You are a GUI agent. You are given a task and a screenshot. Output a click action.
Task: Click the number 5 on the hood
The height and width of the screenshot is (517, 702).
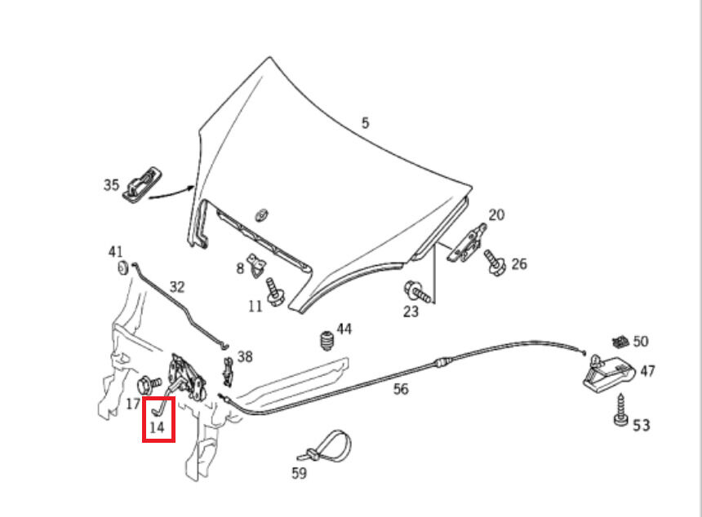click(366, 123)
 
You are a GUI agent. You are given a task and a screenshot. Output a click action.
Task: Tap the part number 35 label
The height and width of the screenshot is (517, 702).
click(111, 185)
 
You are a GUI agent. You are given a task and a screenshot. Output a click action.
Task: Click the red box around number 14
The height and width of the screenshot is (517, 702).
click(158, 419)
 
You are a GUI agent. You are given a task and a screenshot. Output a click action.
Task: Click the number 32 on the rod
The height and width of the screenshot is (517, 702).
click(177, 287)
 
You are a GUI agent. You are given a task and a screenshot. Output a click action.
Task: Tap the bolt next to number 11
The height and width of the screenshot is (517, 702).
click(273, 292)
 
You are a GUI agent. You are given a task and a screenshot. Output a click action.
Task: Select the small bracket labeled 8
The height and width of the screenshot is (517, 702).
click(260, 263)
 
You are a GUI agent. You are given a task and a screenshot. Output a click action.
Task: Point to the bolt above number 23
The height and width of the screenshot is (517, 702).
click(415, 289)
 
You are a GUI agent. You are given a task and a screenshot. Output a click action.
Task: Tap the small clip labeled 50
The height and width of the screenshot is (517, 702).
click(620, 340)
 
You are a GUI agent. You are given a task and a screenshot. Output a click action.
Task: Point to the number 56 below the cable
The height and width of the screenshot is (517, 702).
click(401, 389)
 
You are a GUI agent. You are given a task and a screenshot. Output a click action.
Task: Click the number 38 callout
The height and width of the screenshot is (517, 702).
click(245, 356)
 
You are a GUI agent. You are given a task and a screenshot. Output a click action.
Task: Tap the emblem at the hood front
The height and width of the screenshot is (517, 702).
click(261, 214)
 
